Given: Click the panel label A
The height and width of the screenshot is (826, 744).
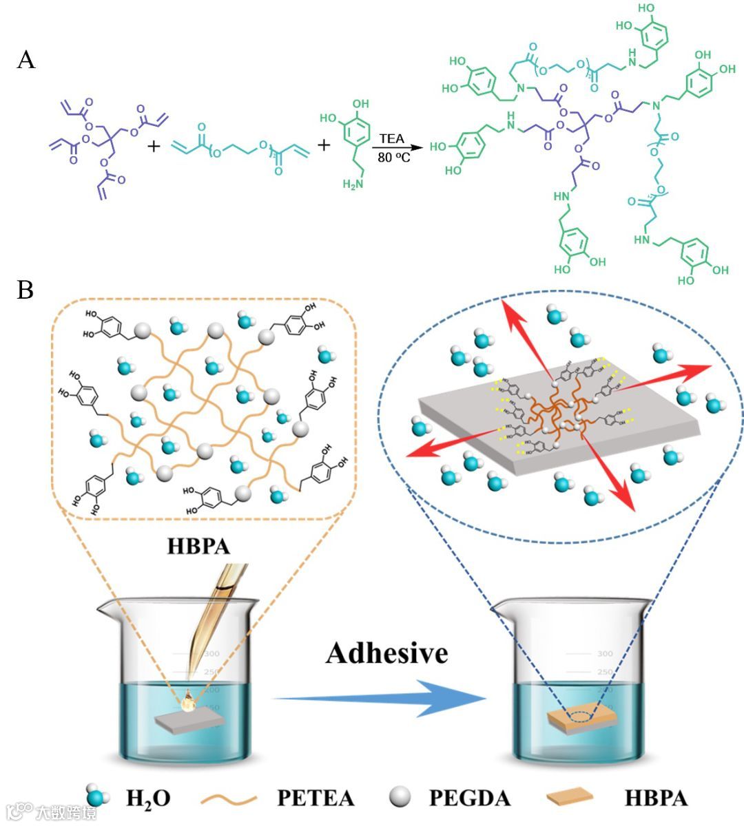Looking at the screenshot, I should click(x=26, y=61).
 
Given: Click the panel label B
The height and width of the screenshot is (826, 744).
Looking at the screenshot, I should click(x=25, y=290).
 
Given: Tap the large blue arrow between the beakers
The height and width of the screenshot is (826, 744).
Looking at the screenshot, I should click(x=386, y=699).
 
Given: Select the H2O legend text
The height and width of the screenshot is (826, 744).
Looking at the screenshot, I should click(x=148, y=798).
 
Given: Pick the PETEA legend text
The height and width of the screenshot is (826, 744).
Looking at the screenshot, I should click(x=316, y=798).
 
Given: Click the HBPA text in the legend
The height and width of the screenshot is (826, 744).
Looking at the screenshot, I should click(x=656, y=798).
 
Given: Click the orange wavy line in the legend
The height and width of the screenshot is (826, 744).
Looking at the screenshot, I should click(x=229, y=798).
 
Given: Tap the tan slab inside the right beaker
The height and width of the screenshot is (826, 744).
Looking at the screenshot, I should click(x=580, y=718).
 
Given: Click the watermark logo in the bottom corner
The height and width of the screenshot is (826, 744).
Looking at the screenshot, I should click(x=52, y=812).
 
